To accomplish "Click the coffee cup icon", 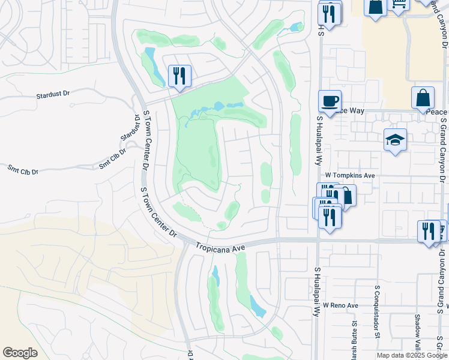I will coord(329,101).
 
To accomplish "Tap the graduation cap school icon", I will coord(395,140).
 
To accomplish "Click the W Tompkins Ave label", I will coord(350,175).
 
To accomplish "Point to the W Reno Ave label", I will coord(340,305).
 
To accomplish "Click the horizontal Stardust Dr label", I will coord(53,94).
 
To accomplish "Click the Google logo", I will coord(20,353).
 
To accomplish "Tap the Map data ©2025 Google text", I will coord(412,355).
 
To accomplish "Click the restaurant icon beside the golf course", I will coord(179,76).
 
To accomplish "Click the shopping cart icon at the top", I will coord(399,4).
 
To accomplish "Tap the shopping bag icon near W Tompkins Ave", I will coord(345,195).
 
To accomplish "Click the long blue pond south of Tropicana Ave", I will coord(257,307).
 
